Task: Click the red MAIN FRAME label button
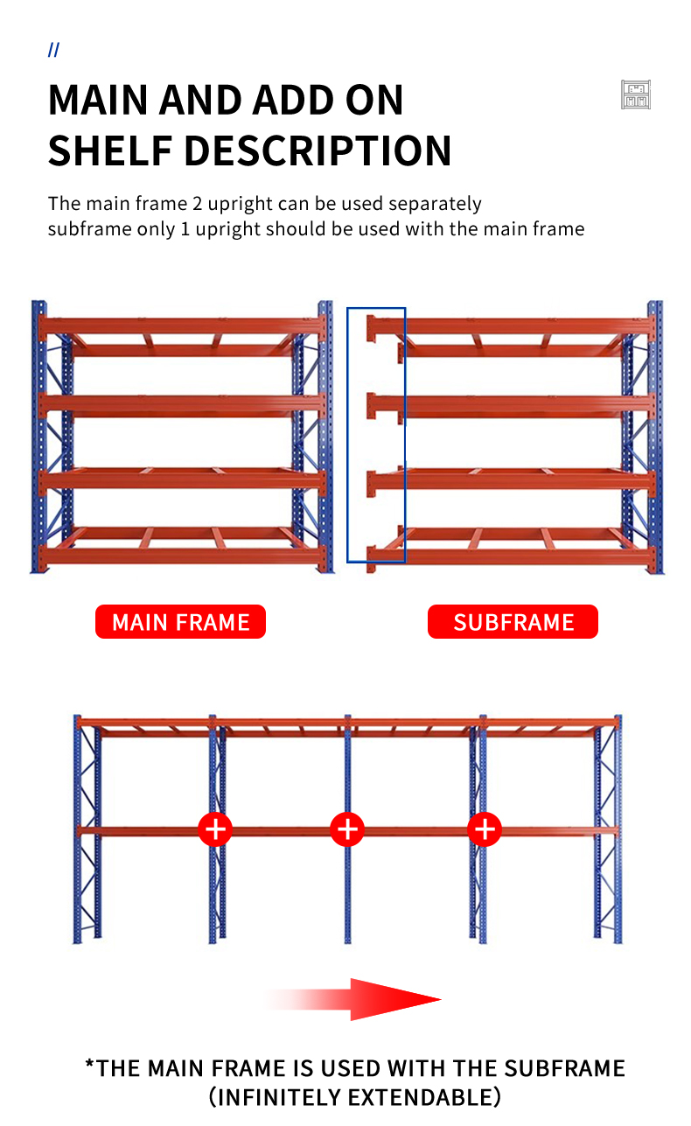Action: pos(180,622)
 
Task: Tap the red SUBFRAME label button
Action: pos(513,622)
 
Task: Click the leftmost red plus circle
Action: pos(215,829)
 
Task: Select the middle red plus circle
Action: pos(347,829)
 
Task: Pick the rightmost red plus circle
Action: pos(485,829)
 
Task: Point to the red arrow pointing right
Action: pos(352,999)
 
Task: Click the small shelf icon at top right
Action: pos(636,94)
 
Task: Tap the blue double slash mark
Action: pos(53,50)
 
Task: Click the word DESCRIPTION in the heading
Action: pos(318,150)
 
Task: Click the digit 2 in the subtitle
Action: pos(198,204)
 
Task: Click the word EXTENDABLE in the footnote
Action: pos(424,1097)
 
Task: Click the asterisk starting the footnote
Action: pos(89,1063)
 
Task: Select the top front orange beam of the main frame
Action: pos(181,326)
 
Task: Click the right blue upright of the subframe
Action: pos(655,437)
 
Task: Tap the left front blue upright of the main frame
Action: pos(38,437)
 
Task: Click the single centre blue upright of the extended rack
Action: pos(348,829)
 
